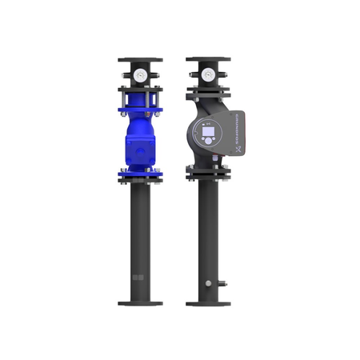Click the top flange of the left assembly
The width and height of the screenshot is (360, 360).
[x=141, y=60]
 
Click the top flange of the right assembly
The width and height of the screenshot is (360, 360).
[x=208, y=60]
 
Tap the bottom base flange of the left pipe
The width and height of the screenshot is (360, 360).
[x=141, y=303]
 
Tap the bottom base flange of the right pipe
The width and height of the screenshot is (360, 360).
[x=208, y=303]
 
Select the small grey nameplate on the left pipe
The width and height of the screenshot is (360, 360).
[x=137, y=278]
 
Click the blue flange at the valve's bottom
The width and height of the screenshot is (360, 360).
[x=141, y=170]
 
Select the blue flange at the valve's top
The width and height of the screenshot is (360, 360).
[x=141, y=102]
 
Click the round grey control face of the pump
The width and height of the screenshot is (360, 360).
[x=210, y=131]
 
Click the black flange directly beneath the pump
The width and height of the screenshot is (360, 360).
[x=208, y=170]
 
